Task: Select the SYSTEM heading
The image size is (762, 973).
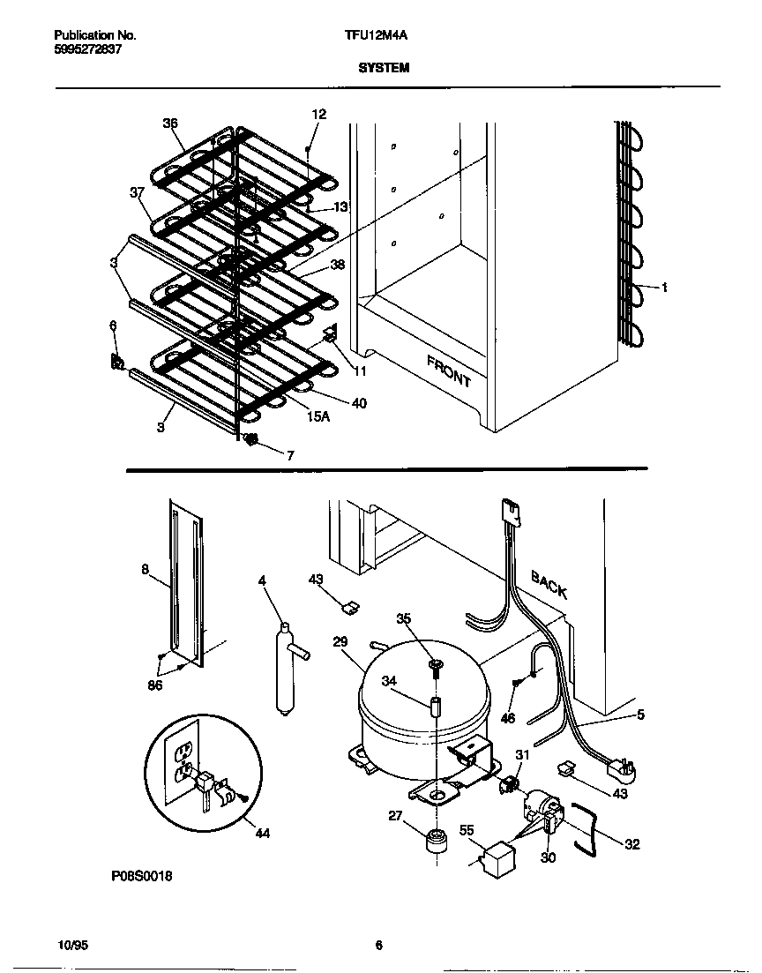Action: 385,68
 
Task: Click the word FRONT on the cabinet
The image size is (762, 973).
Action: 449,370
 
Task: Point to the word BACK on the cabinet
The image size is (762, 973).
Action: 549,584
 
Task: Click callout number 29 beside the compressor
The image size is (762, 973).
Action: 340,641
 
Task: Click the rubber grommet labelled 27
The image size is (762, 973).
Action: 437,839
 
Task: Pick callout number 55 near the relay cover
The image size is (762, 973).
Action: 467,829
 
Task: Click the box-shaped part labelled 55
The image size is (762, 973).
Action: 495,858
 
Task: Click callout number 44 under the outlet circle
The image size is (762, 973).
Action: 263,834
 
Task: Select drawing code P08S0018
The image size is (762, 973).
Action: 142,876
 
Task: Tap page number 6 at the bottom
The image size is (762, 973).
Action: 379,945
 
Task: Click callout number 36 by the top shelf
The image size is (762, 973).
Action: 170,123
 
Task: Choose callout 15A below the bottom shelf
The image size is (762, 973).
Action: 317,417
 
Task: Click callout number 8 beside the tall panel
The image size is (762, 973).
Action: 145,568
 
